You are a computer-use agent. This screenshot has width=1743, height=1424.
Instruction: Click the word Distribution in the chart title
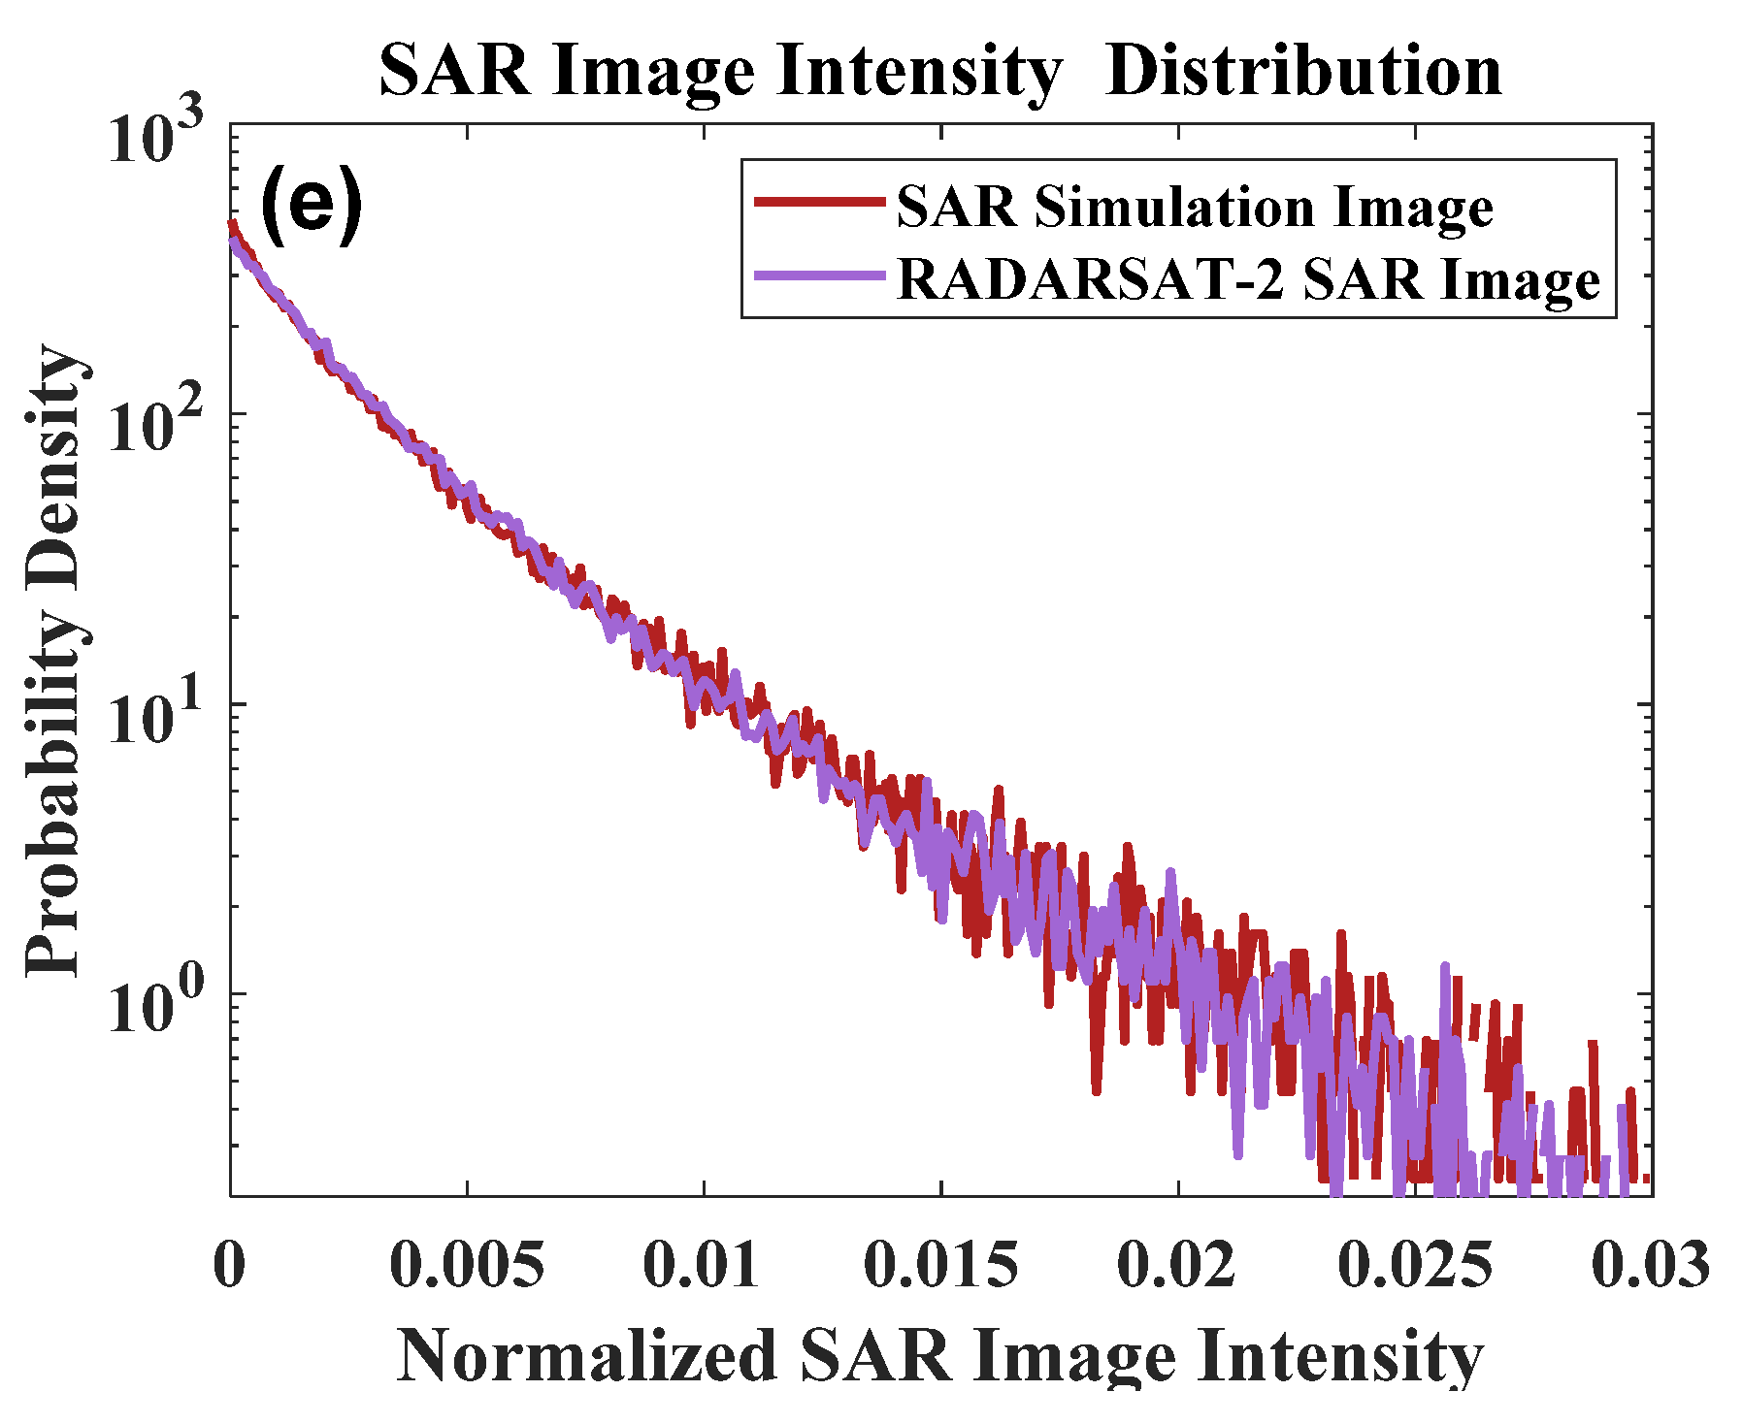click(1302, 72)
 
